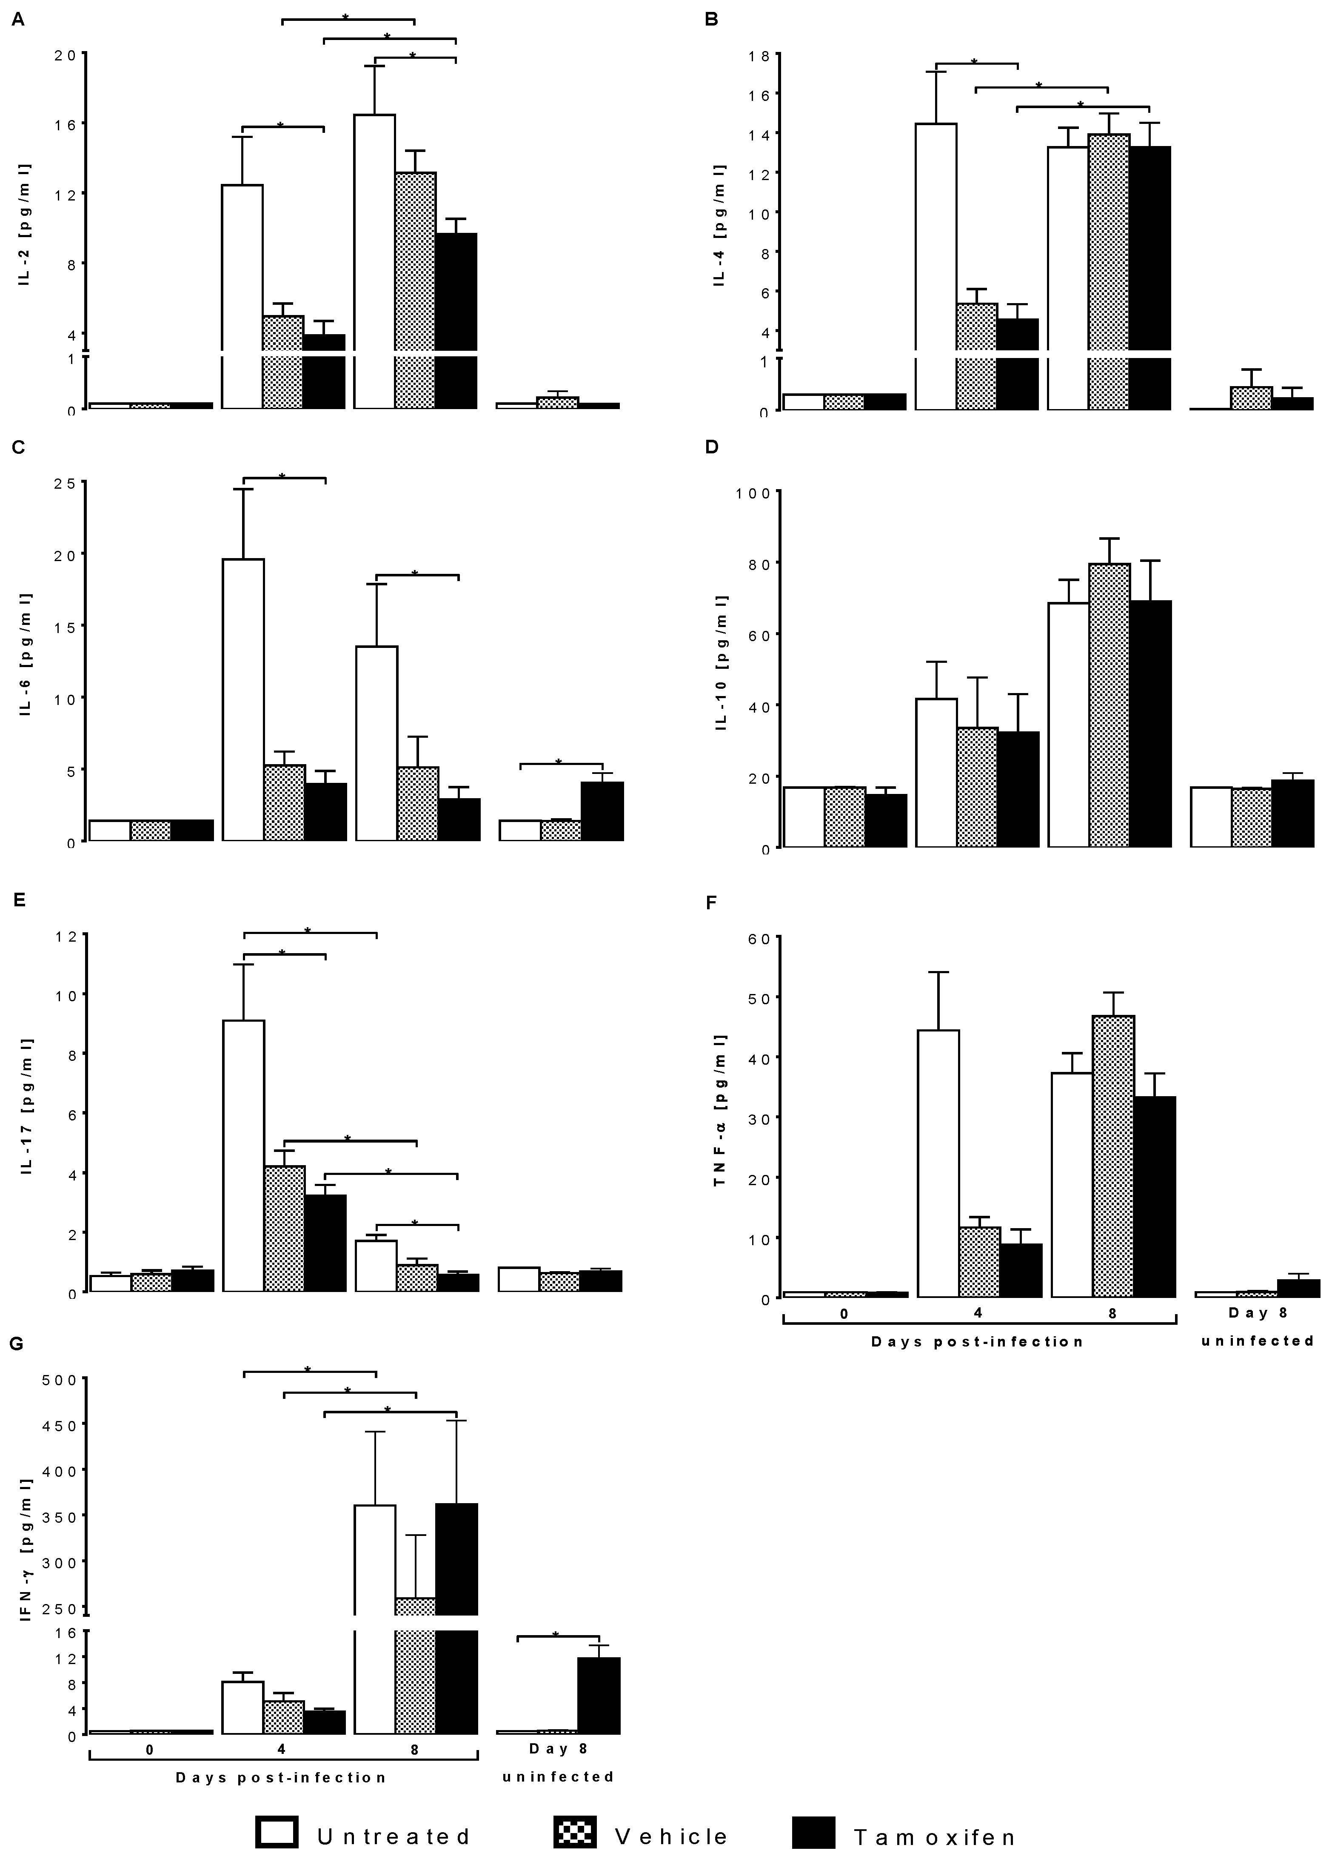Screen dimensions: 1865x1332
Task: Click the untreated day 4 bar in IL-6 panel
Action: pyautogui.click(x=244, y=699)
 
